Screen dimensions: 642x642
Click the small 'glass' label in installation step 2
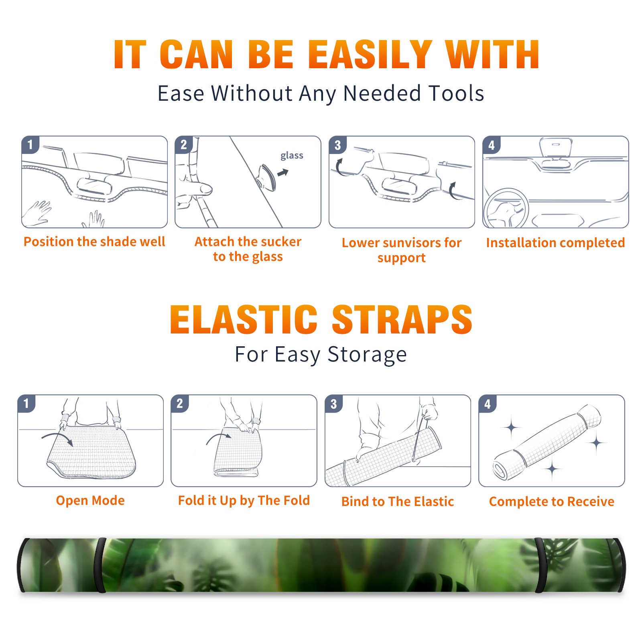(x=292, y=155)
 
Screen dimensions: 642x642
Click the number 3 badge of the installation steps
(x=337, y=145)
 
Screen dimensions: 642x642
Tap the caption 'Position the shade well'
(x=94, y=242)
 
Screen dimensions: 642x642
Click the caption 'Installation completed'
(x=555, y=242)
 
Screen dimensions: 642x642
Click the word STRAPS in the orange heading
(x=402, y=319)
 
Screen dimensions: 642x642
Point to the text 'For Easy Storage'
(x=321, y=355)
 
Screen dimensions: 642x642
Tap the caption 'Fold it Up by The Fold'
(x=244, y=500)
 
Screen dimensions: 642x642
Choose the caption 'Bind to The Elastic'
(x=398, y=501)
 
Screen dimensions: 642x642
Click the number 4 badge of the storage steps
(x=488, y=404)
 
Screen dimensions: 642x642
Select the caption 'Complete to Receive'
(x=552, y=502)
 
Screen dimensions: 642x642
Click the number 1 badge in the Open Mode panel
(x=26, y=403)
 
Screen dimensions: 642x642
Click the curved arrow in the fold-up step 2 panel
(x=218, y=438)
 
